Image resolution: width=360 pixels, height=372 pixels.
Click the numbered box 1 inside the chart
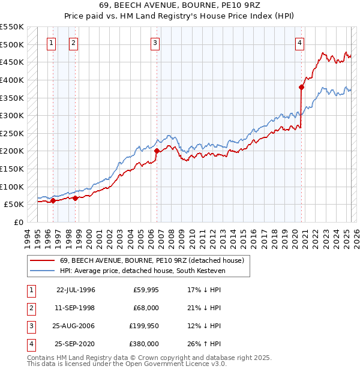(52, 43)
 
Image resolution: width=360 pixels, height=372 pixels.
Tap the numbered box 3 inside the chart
(155, 43)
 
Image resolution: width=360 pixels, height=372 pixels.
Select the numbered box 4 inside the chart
(299, 43)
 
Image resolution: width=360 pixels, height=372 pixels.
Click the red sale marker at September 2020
(301, 87)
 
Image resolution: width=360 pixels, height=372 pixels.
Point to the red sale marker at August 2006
(157, 151)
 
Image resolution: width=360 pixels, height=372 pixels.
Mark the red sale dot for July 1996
(53, 201)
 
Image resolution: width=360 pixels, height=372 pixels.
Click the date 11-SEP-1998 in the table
(76, 308)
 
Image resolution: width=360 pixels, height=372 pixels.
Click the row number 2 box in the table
(30, 308)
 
